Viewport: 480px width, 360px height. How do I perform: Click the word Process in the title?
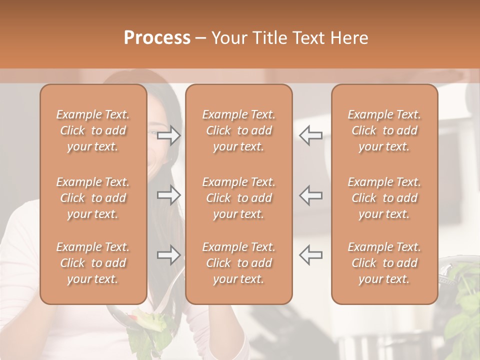pyautogui.click(x=157, y=38)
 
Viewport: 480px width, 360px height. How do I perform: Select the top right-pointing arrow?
pyautogui.click(x=169, y=135)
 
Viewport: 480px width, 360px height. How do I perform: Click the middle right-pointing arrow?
pyautogui.click(x=169, y=195)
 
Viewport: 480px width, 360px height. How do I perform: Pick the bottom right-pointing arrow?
pyautogui.click(x=169, y=255)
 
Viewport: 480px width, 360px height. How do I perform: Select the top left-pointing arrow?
pyautogui.click(x=310, y=135)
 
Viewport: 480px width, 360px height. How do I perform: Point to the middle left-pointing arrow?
pyautogui.click(x=310, y=195)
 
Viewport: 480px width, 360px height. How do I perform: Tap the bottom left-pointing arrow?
pyautogui.click(x=310, y=255)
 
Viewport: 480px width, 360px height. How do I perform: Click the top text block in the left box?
pyautogui.click(x=93, y=130)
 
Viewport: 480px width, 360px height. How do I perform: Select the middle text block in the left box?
pyautogui.click(x=93, y=198)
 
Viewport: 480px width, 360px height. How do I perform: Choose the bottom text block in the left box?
pyautogui.click(x=93, y=263)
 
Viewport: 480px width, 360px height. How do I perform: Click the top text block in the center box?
pyautogui.click(x=239, y=130)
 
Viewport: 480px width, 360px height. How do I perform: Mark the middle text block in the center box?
pyautogui.click(x=239, y=198)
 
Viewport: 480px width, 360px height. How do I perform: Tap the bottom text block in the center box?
pyautogui.click(x=239, y=263)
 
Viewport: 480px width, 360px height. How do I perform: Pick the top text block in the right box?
pyautogui.click(x=384, y=130)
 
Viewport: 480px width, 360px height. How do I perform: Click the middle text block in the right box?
pyautogui.click(x=384, y=198)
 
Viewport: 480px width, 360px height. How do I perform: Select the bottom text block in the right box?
pyautogui.click(x=384, y=263)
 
